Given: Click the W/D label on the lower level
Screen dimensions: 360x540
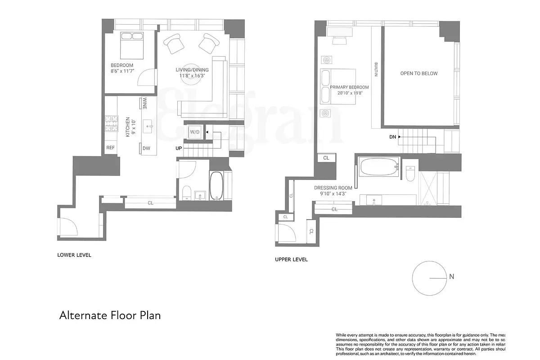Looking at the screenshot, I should click(195, 132).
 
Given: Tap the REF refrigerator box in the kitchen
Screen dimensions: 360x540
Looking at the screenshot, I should click(111, 148).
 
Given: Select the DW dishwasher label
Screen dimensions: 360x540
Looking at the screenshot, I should click(146, 148).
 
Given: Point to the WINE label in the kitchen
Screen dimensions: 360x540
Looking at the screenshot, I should click(144, 104).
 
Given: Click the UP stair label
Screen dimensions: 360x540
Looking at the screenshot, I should click(179, 148).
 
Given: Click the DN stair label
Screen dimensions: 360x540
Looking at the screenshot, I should click(392, 137).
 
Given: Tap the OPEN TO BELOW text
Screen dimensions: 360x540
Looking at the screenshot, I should click(418, 73).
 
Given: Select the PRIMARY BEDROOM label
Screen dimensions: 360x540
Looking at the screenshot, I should click(349, 87).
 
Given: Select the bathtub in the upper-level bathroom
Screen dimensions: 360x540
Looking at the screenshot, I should click(379, 166).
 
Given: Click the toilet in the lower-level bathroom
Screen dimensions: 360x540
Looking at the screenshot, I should click(187, 193).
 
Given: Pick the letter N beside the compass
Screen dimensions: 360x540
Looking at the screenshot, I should click(451, 277).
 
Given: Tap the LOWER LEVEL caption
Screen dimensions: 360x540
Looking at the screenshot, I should click(74, 255).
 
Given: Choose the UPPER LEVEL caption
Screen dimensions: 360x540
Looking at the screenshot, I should click(291, 260).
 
